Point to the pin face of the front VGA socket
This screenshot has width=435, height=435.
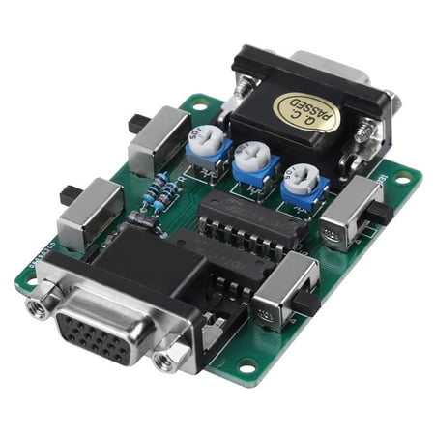point(102,336)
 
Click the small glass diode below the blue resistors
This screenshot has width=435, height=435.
point(141,219)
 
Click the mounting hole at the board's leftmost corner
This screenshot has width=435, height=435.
point(29,280)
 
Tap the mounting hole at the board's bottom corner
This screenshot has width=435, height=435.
point(246,365)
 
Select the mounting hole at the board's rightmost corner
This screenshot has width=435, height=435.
point(402,178)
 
